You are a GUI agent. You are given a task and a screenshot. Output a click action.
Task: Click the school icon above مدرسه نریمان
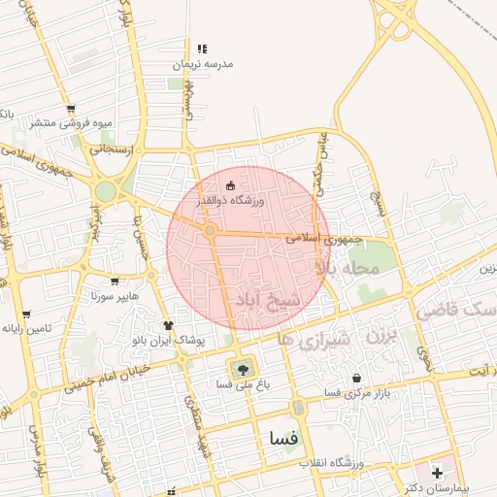tap(202, 48)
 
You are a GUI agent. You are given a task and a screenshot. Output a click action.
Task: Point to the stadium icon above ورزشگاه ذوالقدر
tap(230, 184)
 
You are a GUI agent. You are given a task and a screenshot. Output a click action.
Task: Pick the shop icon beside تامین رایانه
tap(26, 315)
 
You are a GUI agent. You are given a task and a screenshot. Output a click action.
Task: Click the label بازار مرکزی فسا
tap(331, 392)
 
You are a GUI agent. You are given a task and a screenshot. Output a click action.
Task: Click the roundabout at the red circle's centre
tap(210, 230)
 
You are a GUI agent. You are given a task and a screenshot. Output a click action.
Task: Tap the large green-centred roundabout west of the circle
tap(104, 191)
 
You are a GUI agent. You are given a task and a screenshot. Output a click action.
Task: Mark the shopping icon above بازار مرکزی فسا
tap(357, 378)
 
